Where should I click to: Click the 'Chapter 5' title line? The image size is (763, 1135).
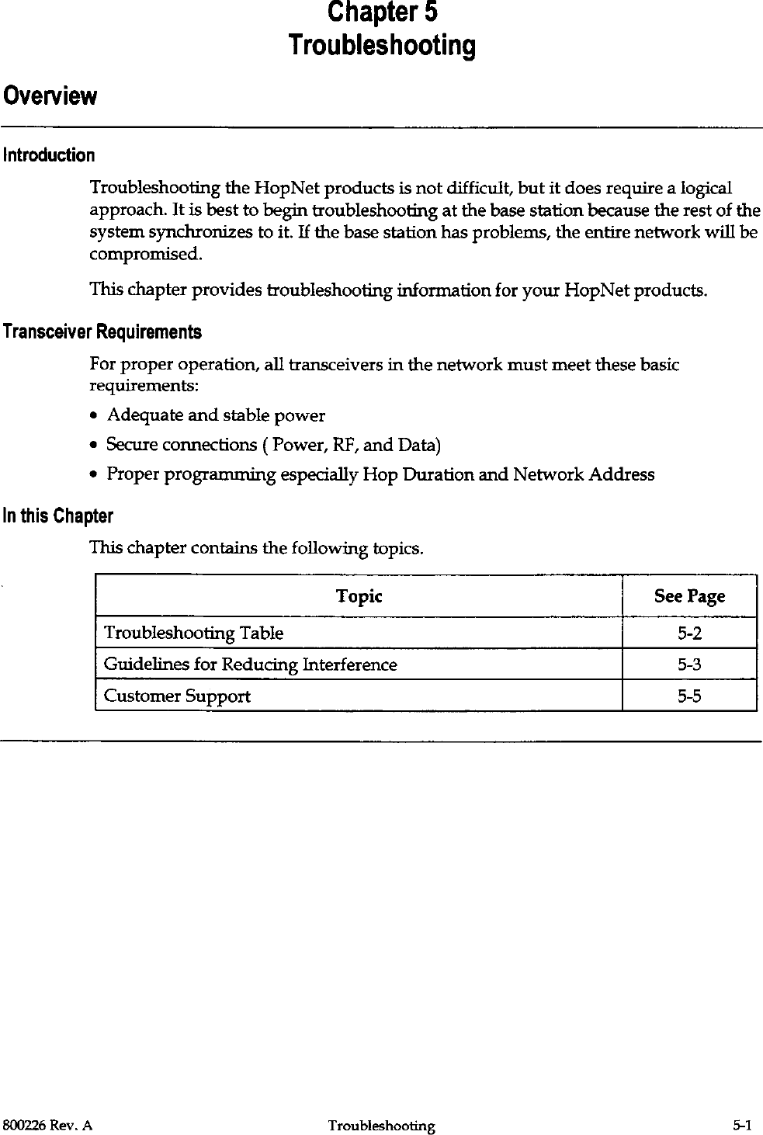(382, 13)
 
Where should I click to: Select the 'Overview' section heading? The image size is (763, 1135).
(50, 97)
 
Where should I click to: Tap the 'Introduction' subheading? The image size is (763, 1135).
(49, 155)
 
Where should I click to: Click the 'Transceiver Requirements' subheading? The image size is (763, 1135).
(102, 332)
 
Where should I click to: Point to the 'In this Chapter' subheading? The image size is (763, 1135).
(58, 516)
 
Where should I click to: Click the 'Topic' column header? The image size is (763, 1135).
(359, 596)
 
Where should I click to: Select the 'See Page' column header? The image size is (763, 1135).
(689, 596)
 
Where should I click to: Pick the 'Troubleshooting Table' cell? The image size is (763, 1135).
(193, 633)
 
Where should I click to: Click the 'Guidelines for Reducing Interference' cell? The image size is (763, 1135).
(250, 665)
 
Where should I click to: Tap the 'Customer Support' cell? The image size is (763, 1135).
(177, 696)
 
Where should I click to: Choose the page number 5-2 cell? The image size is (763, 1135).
(689, 633)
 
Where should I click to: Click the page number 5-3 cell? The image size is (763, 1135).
(689, 665)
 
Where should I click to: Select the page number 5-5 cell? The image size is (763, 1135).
(689, 696)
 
